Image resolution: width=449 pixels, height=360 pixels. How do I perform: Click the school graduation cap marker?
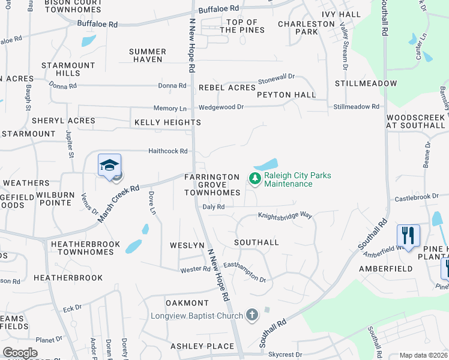pyautogui.click(x=110, y=165)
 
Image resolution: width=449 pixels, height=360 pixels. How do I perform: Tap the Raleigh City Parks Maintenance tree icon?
pyautogui.click(x=255, y=178)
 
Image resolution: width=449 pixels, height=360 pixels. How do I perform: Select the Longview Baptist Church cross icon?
pyautogui.click(x=252, y=314)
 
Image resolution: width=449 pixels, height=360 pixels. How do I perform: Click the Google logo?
pyautogui.click(x=20, y=353)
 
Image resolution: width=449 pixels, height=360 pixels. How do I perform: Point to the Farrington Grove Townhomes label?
pyautogui.click(x=212, y=185)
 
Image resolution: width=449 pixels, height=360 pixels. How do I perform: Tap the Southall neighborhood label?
pyautogui.click(x=256, y=242)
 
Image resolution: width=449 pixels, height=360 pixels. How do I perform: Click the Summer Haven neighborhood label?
pyautogui.click(x=147, y=56)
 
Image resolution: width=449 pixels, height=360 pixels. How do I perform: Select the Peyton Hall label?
pyautogui.click(x=286, y=95)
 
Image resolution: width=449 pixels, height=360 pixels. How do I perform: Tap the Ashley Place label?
pyautogui.click(x=202, y=346)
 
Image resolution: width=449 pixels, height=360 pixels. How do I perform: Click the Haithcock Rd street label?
pyautogui.click(x=168, y=151)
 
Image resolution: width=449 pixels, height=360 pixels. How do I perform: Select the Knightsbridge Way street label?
pyautogui.click(x=285, y=215)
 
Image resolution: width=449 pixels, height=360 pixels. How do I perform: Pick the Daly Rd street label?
pyautogui.click(x=214, y=206)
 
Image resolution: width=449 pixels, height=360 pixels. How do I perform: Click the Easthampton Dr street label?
pyautogui.click(x=244, y=271)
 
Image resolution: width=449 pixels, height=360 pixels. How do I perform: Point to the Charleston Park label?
pyautogui.click(x=306, y=28)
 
